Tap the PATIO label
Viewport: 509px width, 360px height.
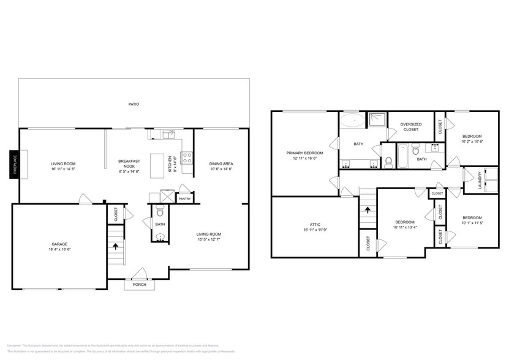click(133, 105)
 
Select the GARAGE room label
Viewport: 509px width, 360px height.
click(59, 244)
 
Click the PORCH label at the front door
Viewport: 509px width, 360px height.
click(140, 285)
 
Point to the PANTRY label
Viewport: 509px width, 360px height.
click(184, 199)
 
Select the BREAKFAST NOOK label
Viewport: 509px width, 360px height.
click(129, 163)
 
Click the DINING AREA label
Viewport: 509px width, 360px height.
click(221, 163)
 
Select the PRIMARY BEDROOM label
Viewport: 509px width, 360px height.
click(304, 153)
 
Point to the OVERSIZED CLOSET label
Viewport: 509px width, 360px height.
click(410, 127)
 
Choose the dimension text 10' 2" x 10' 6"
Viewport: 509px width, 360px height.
click(472, 141)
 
